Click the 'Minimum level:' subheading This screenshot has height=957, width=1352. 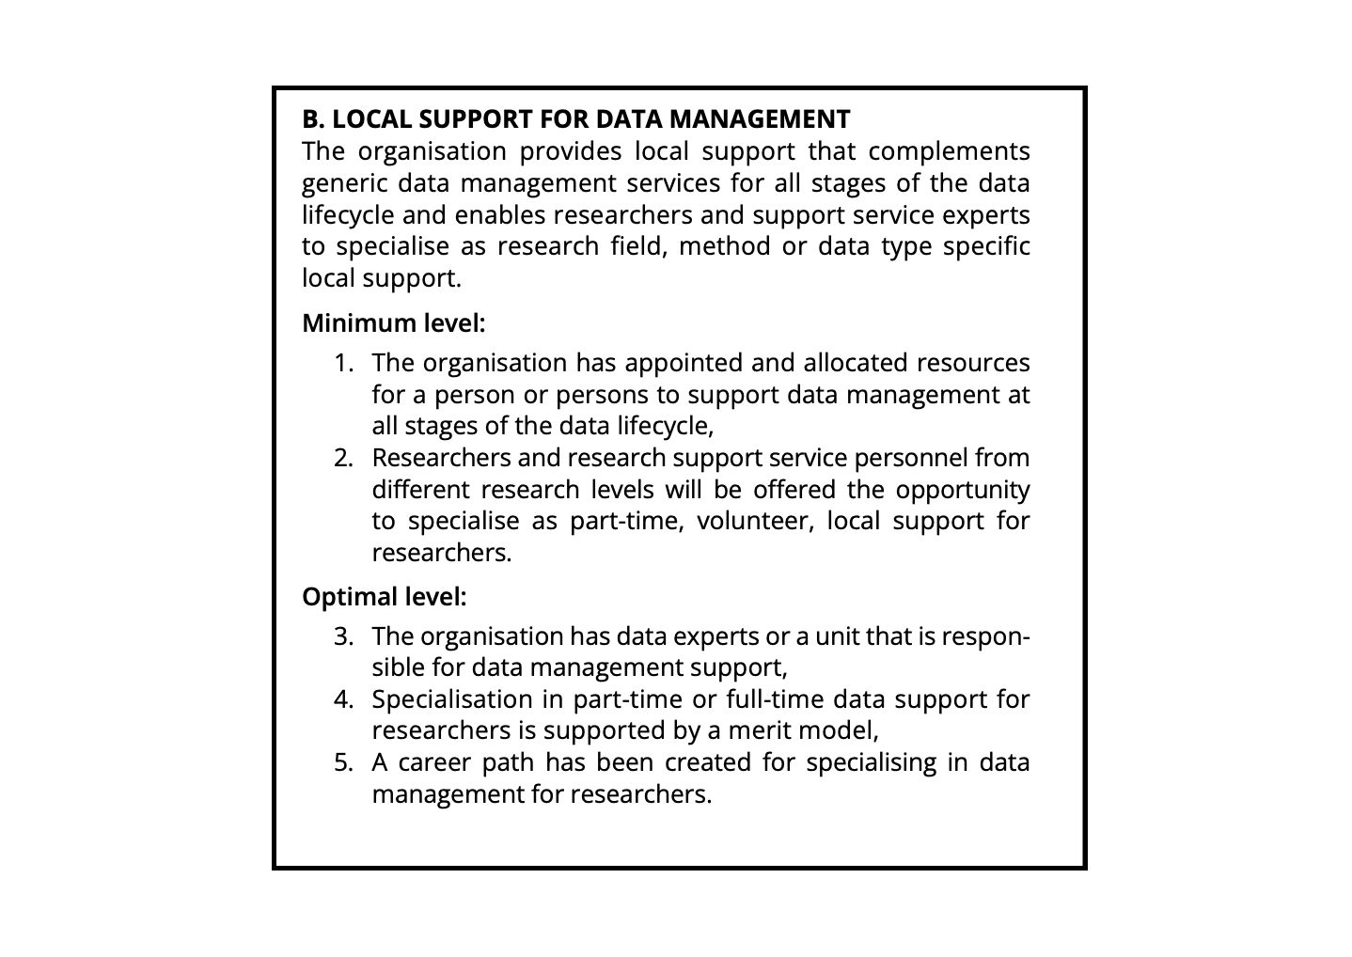click(393, 323)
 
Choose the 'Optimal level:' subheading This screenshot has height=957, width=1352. click(384, 597)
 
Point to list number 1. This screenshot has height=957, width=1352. click(344, 363)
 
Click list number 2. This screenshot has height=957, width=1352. click(344, 458)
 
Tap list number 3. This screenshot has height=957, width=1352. click(344, 636)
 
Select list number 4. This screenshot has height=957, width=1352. click(344, 699)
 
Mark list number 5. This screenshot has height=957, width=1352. click(344, 762)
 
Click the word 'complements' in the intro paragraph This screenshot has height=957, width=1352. click(949, 151)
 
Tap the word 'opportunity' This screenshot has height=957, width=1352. click(962, 490)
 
